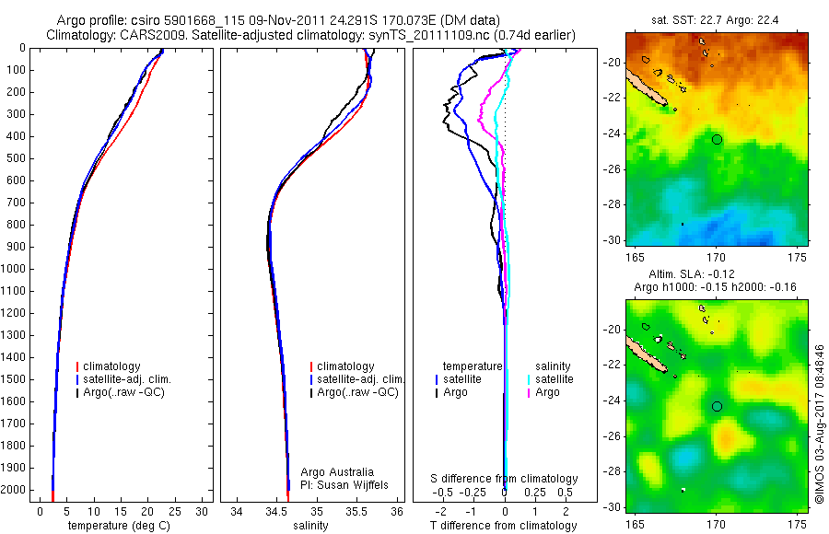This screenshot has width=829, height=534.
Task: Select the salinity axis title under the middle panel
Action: (310, 526)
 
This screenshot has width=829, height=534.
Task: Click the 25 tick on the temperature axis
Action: (174, 511)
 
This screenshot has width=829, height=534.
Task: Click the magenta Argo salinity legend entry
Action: (547, 392)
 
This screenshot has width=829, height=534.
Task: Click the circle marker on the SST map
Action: (717, 139)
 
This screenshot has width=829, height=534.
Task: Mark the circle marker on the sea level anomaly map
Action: (717, 406)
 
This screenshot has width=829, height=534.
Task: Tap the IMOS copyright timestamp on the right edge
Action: (819, 424)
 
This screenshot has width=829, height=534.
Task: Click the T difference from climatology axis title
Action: (504, 526)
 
